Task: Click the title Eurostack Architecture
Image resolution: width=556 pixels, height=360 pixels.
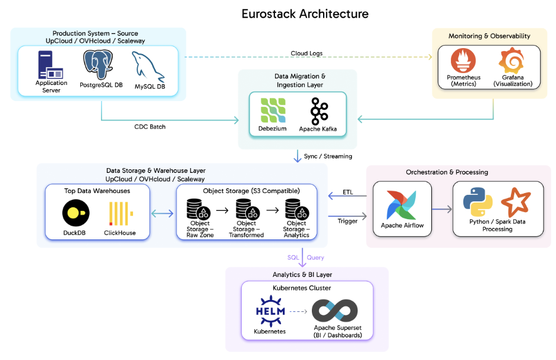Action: pyautogui.click(x=305, y=14)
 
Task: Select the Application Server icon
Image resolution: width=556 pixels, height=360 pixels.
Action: pyautogui.click(x=51, y=65)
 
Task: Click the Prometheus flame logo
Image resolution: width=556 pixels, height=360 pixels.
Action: pyautogui.click(x=463, y=61)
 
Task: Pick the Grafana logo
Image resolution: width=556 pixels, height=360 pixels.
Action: pyautogui.click(x=513, y=61)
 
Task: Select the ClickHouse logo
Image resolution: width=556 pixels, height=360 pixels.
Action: pyautogui.click(x=119, y=213)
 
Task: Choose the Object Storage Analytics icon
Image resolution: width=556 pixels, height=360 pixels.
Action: pyautogui.click(x=296, y=210)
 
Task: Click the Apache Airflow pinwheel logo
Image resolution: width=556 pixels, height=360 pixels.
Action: pyautogui.click(x=402, y=206)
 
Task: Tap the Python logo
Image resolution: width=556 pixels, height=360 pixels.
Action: pyautogui.click(x=478, y=202)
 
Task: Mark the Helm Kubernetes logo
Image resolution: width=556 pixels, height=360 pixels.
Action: pyautogui.click(x=270, y=311)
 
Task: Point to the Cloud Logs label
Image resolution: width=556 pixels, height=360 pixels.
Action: pyautogui.click(x=307, y=53)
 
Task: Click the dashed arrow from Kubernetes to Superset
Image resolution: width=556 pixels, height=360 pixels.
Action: pyautogui.click(x=300, y=311)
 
